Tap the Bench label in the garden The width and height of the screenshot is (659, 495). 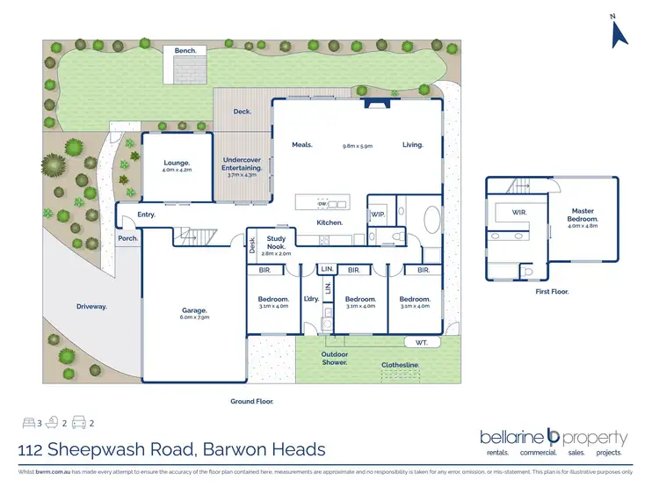pyautogui.click(x=185, y=51)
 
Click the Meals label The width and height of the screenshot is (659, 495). pyautogui.click(x=304, y=144)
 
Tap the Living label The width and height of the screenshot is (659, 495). pyautogui.click(x=413, y=144)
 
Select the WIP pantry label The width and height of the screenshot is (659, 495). pyautogui.click(x=378, y=214)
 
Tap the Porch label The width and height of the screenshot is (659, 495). pyautogui.click(x=128, y=238)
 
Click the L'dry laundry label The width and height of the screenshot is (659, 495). pyautogui.click(x=310, y=300)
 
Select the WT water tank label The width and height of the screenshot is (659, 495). pyautogui.click(x=421, y=341)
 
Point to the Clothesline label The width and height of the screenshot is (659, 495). pyautogui.click(x=400, y=364)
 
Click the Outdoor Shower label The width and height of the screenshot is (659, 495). pyautogui.click(x=334, y=358)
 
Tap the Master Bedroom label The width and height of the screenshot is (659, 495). pyautogui.click(x=583, y=215)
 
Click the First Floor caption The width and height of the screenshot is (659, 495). pyautogui.click(x=553, y=290)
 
